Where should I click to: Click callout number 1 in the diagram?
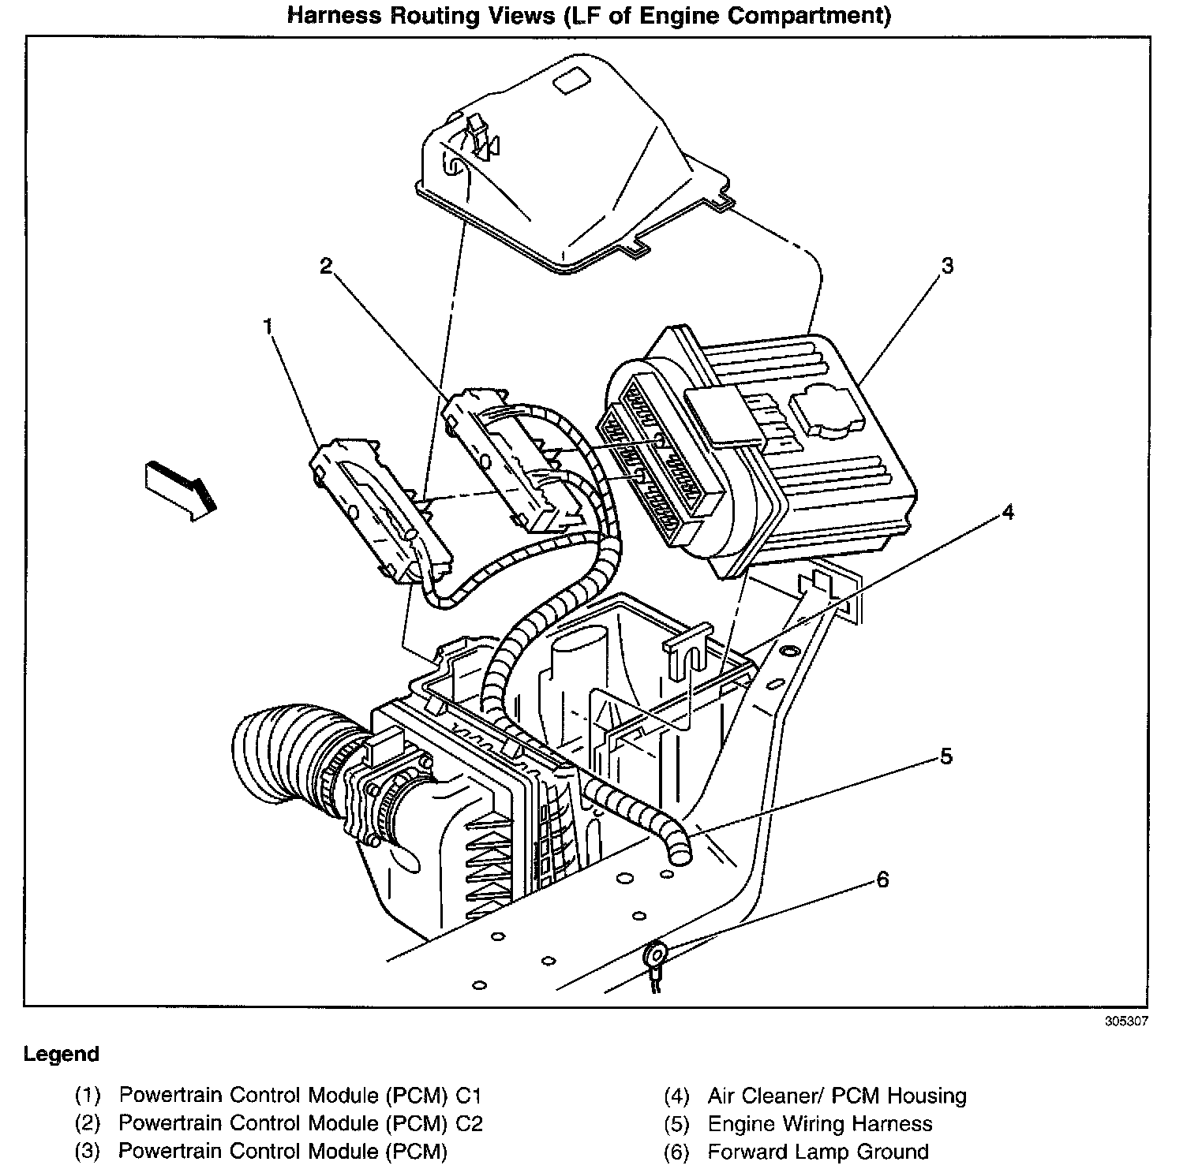tap(268, 326)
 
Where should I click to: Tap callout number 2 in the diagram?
tap(325, 267)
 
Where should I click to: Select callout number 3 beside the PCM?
tap(946, 266)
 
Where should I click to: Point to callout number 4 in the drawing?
tap(1007, 512)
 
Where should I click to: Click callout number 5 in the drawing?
tap(945, 757)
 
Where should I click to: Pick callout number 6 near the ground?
tap(882, 879)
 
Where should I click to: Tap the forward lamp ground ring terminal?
tap(655, 957)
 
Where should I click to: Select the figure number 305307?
tap(1126, 1020)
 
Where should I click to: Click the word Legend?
tap(62, 1054)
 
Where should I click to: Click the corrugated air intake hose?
tap(292, 757)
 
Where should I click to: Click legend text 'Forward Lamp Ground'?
tap(818, 1152)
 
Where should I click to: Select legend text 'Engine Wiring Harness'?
tap(819, 1123)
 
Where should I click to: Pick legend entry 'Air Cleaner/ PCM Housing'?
tap(837, 1095)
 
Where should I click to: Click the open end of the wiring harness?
tap(678, 851)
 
